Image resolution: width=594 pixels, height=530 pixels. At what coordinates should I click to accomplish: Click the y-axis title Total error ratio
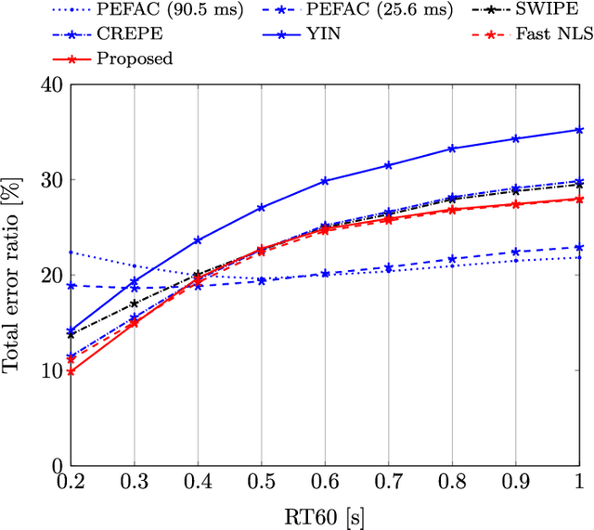[13, 275]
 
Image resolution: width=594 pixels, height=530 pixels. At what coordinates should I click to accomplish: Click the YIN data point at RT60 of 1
[579, 130]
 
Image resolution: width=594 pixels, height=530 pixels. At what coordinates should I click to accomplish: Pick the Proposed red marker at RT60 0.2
[71, 371]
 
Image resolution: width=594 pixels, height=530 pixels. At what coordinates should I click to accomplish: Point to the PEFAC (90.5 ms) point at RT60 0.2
[71, 252]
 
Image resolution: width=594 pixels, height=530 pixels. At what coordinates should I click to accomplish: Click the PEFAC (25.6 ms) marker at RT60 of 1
[579, 247]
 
